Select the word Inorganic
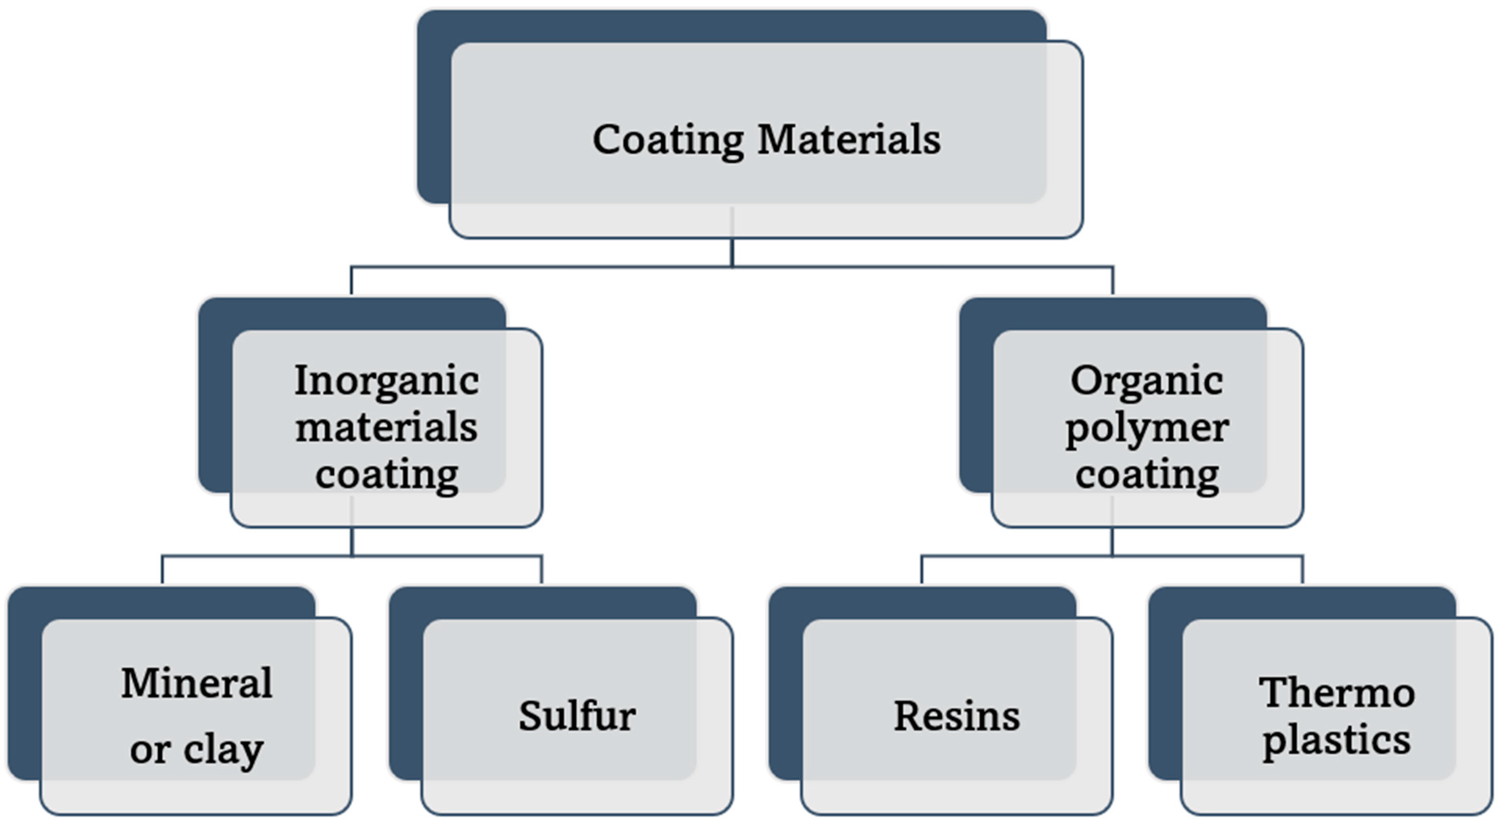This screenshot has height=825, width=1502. point(387,380)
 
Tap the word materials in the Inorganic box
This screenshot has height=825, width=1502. point(387,427)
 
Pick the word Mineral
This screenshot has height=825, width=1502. point(196,683)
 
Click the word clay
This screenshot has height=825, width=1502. point(223,750)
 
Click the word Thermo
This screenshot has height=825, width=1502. point(1336,693)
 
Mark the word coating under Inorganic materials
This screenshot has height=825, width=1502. point(387,475)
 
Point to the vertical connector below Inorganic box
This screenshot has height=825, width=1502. point(352,542)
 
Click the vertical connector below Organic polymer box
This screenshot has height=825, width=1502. point(1112,542)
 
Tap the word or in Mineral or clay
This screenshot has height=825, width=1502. point(150,750)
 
